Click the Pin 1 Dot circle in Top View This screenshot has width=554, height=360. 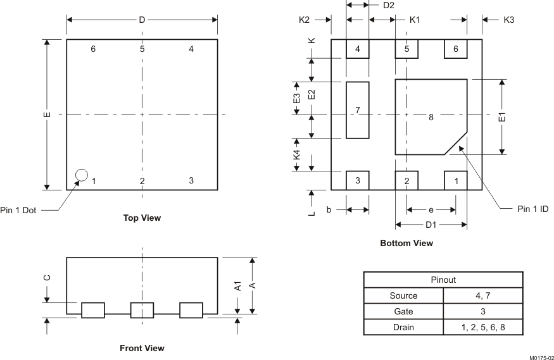tap(81, 175)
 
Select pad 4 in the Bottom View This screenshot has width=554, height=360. tap(358, 49)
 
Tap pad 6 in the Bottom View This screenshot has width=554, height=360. tap(455, 49)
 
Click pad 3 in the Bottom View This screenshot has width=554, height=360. tap(358, 180)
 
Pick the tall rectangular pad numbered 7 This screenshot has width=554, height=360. tap(358, 110)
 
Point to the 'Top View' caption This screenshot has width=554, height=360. tap(142, 218)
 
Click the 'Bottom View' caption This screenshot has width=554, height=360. tap(406, 243)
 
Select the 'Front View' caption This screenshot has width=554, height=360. tap(142, 348)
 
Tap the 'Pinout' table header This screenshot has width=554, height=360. tap(443, 280)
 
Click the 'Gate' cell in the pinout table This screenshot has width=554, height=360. tap(403, 311)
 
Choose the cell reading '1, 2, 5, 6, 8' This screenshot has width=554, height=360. tap(483, 327)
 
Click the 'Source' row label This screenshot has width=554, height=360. tap(403, 295)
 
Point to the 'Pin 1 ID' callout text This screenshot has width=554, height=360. tap(532, 209)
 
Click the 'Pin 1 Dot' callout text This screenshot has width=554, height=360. tap(18, 211)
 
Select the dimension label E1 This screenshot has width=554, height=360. tap(502, 117)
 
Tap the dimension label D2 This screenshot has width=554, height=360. tap(389, 5)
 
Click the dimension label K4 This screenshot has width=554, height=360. tap(296, 154)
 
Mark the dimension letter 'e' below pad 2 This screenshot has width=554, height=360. tap(431, 209)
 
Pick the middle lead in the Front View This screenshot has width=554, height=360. tap(142, 310)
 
